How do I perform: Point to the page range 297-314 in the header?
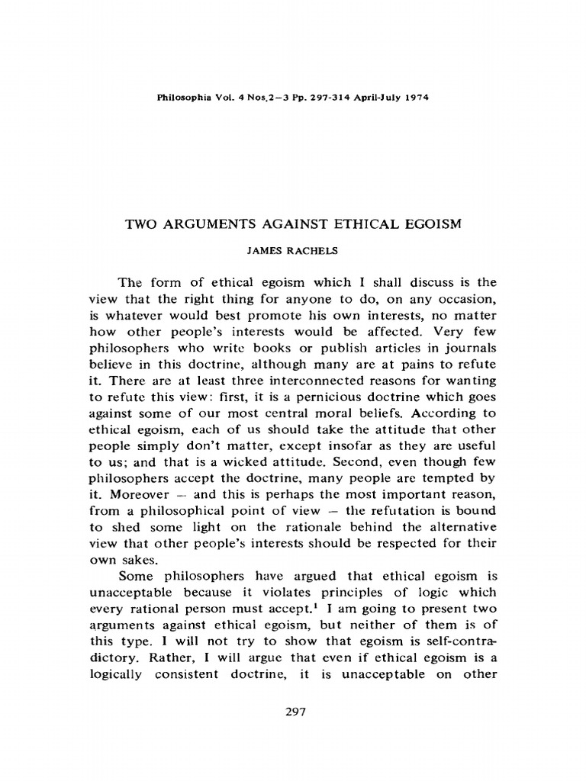pos(320,98)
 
